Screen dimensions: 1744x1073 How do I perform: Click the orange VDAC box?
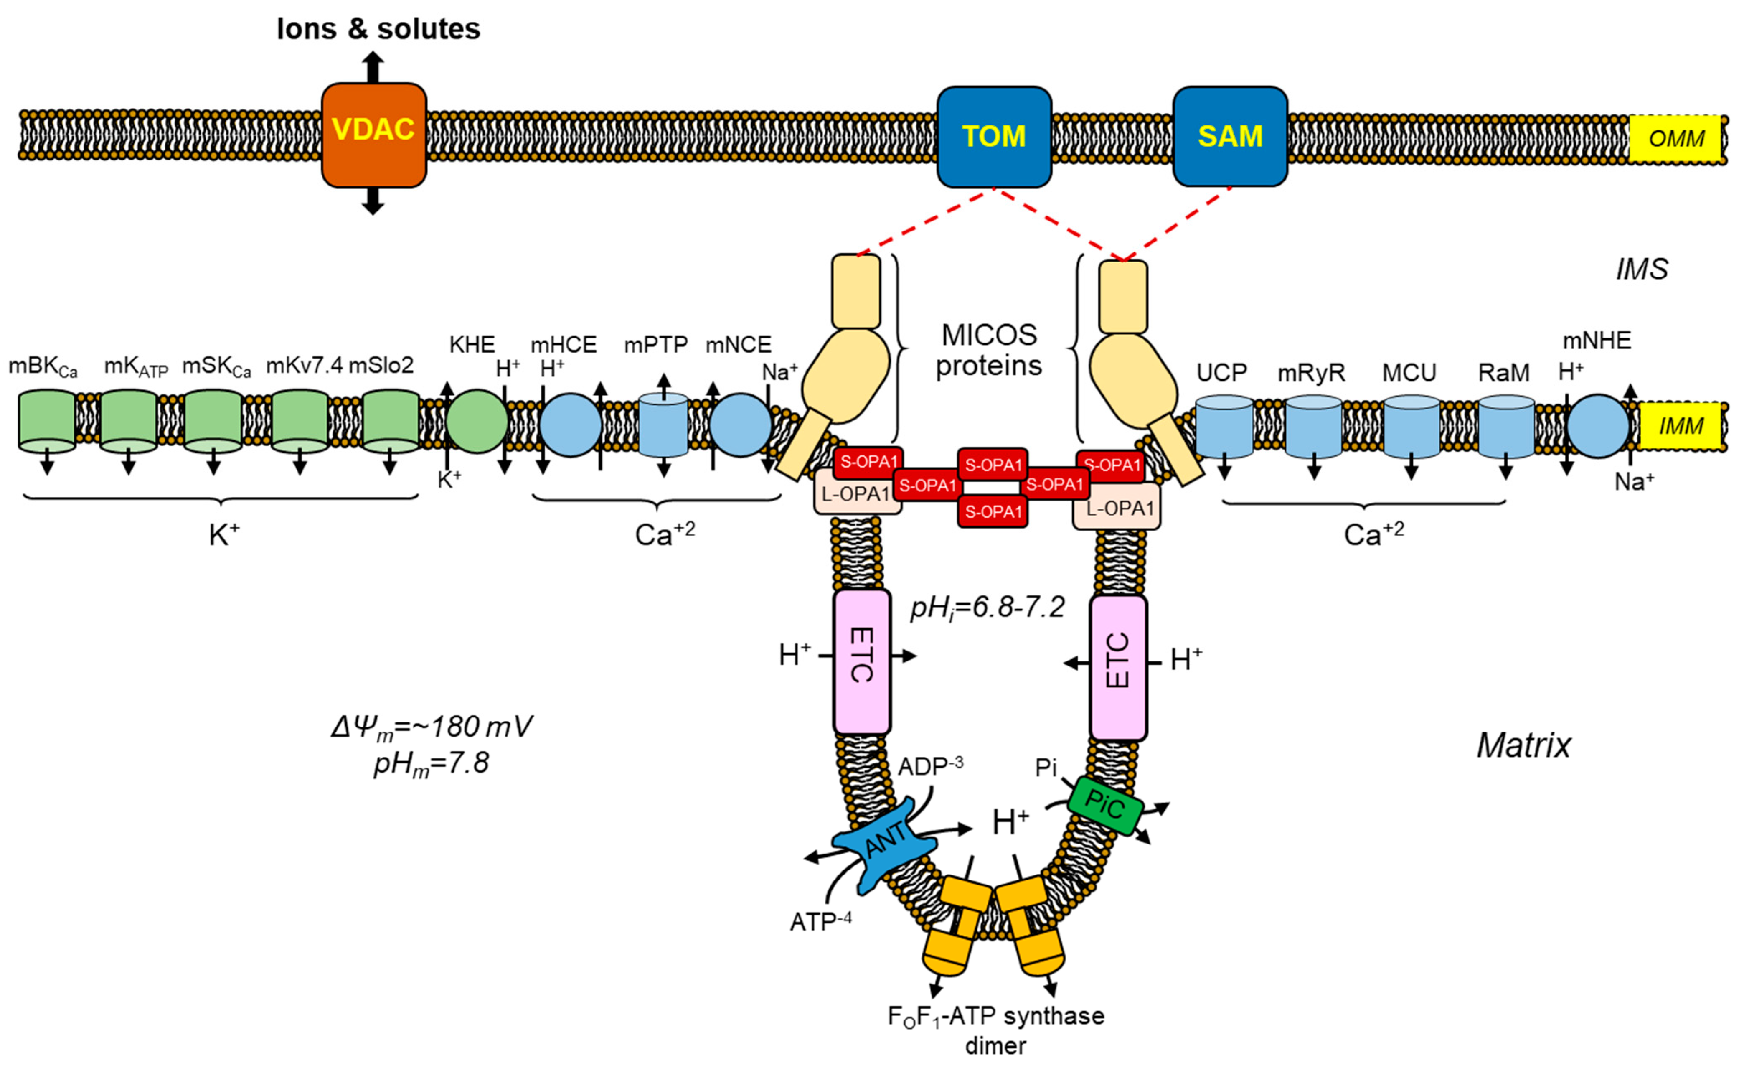tap(374, 135)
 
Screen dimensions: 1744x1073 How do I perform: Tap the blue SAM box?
tap(1230, 136)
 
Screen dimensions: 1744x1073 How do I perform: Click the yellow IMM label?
tap(1681, 426)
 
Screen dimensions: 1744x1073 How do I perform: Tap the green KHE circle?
tap(477, 422)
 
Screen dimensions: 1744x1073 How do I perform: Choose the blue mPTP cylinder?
tap(663, 425)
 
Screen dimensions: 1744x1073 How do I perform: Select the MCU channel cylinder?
tap(1411, 427)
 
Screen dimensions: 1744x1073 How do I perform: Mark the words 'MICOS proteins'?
tap(989, 350)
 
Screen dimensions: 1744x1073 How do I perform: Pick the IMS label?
tap(1642, 270)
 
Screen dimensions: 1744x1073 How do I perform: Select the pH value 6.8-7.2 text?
tap(988, 608)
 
